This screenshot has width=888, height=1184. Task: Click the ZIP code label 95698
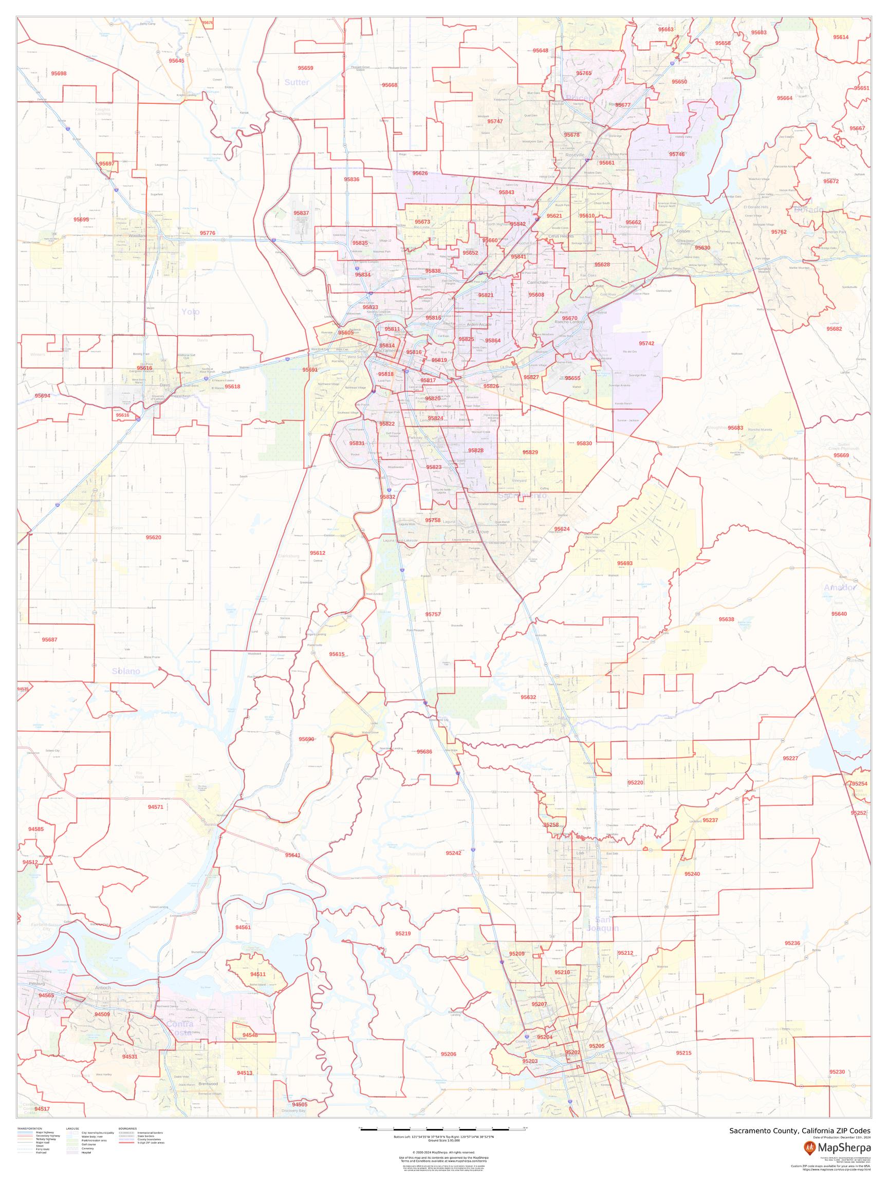59,73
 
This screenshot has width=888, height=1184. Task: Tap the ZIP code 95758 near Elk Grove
433,520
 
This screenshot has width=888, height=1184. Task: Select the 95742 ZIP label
646,343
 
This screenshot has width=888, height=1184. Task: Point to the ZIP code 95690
307,738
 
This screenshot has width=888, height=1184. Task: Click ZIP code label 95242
453,853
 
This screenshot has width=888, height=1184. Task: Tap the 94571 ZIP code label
156,807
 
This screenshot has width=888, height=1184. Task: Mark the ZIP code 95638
726,619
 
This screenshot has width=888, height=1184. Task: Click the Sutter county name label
297,82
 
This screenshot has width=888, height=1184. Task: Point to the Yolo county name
190,311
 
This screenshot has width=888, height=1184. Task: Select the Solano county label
126,671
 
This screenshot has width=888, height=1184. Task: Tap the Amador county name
839,588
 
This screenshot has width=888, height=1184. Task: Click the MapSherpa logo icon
810,1146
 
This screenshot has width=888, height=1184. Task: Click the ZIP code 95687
50,640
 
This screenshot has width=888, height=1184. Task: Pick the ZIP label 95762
779,232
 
